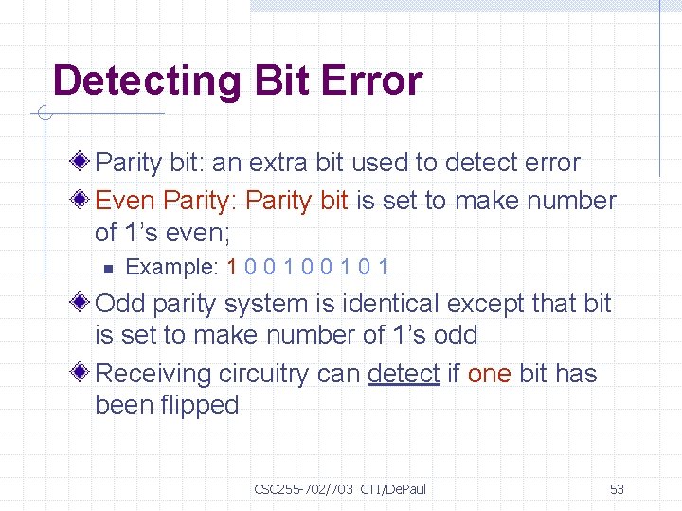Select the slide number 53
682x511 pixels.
point(617,489)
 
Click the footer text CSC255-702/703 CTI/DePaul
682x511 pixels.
point(340,489)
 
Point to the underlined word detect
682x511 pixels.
point(404,374)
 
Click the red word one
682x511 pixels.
point(490,374)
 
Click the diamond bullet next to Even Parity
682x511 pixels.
point(82,201)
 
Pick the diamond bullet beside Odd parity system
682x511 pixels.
point(82,304)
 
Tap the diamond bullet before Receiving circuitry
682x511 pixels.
point(82,374)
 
